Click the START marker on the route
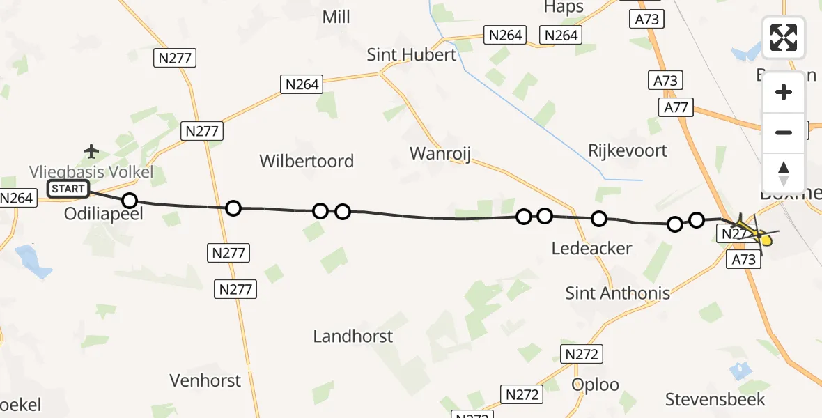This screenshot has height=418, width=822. [x=68, y=188]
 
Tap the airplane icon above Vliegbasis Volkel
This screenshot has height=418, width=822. [x=91, y=150]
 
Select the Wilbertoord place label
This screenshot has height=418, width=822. [x=307, y=161]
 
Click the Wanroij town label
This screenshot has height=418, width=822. [x=440, y=153]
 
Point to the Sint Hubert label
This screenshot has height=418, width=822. [x=412, y=54]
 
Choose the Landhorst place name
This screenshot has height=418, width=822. [x=352, y=336]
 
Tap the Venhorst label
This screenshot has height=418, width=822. [x=205, y=380]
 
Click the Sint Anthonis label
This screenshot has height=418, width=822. [x=618, y=293]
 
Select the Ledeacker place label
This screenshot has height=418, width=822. [x=591, y=248]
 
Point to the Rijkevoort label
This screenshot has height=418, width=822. [x=628, y=150]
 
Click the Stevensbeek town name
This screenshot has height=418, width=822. [x=715, y=399]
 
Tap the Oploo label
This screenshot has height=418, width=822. [x=595, y=385]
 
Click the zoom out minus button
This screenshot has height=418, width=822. [x=784, y=132]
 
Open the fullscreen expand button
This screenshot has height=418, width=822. [x=784, y=38]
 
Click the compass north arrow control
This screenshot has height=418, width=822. [x=784, y=173]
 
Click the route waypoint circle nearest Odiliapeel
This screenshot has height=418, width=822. [x=130, y=201]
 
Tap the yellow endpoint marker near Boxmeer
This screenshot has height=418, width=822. [x=765, y=241]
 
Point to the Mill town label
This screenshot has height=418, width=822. [x=336, y=17]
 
